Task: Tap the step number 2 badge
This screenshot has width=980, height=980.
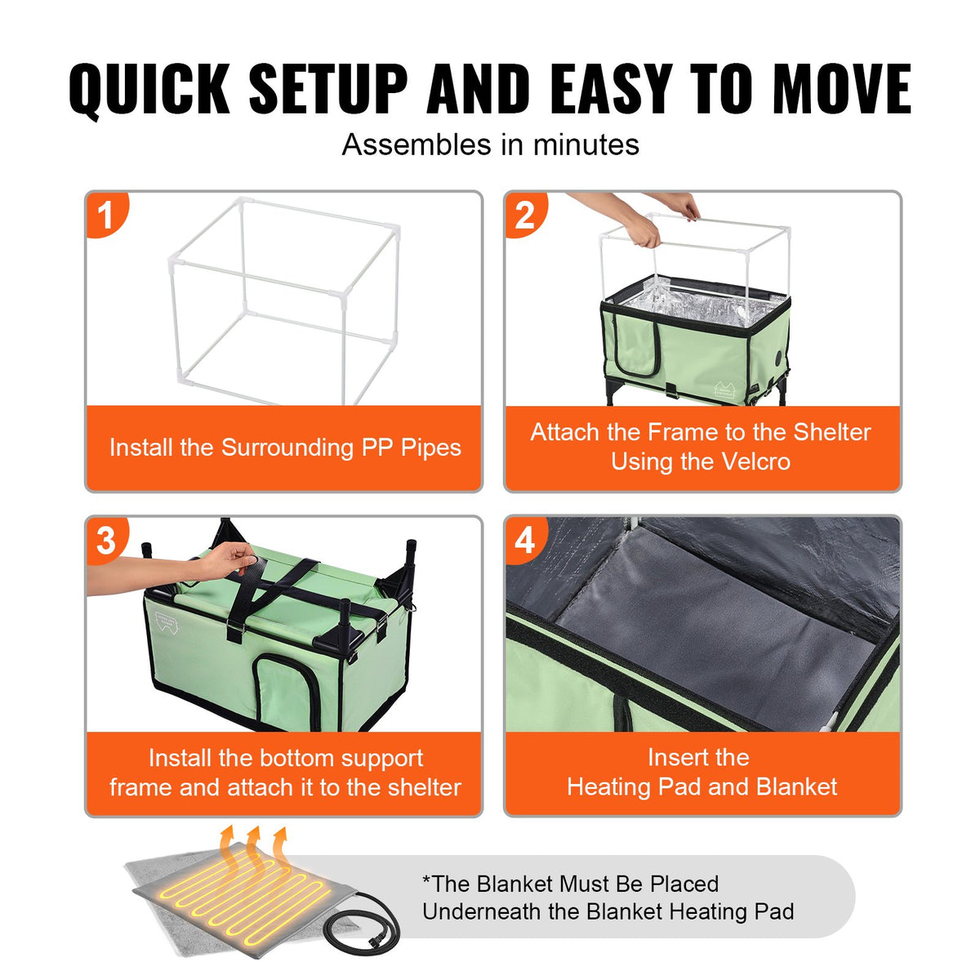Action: pyautogui.click(x=524, y=216)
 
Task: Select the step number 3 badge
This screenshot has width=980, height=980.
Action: pyautogui.click(x=106, y=540)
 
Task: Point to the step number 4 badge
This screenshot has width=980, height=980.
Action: pyautogui.click(x=524, y=540)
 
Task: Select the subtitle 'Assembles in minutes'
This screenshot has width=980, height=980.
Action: pyautogui.click(x=490, y=145)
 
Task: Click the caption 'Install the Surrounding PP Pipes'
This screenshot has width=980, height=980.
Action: pyautogui.click(x=285, y=448)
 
